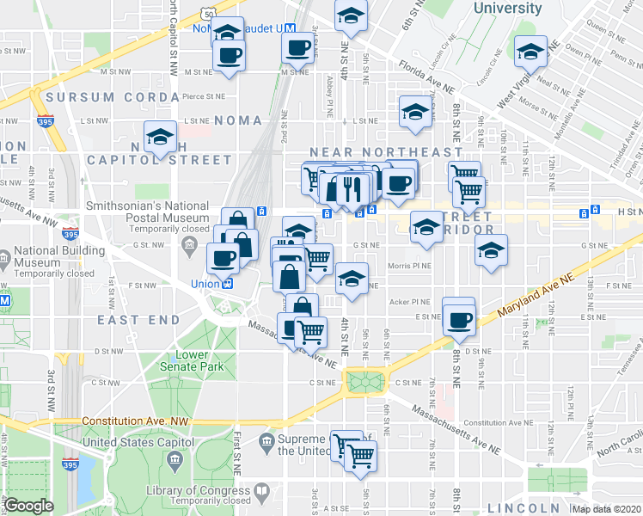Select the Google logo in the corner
pos(28,505)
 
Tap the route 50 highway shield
pos(209,15)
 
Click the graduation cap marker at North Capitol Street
pos(159,138)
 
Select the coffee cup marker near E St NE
pos(458,319)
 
